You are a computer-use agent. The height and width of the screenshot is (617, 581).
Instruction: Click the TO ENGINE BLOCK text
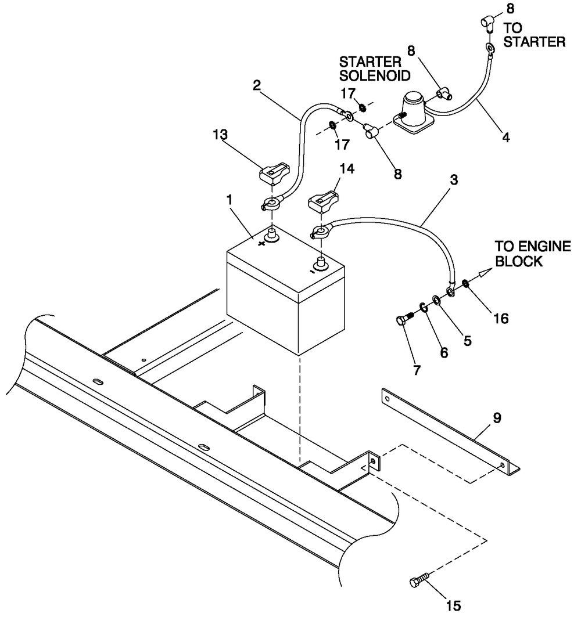click(x=532, y=254)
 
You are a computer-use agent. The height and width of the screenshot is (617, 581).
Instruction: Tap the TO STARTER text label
click(x=533, y=34)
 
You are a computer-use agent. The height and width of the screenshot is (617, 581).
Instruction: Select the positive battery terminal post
click(x=272, y=235)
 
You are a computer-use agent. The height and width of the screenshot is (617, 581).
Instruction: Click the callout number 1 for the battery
click(x=229, y=199)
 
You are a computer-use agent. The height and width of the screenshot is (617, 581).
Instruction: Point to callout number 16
click(x=501, y=318)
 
